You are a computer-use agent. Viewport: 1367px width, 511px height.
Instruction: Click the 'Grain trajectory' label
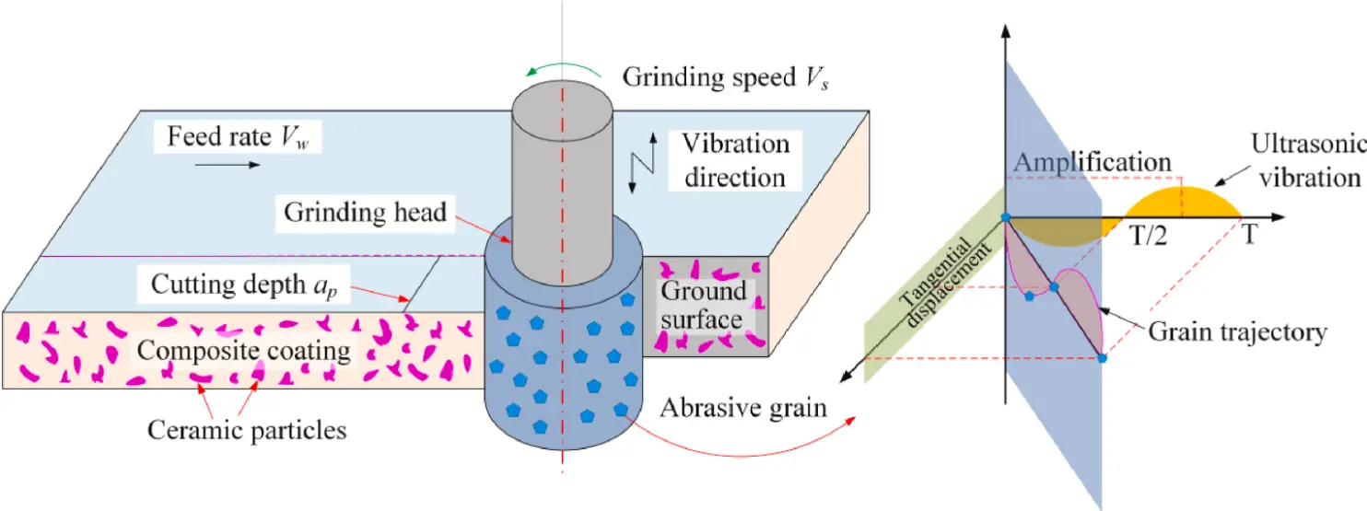(x=1236, y=331)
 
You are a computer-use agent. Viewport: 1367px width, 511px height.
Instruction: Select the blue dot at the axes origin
(x=1006, y=218)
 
